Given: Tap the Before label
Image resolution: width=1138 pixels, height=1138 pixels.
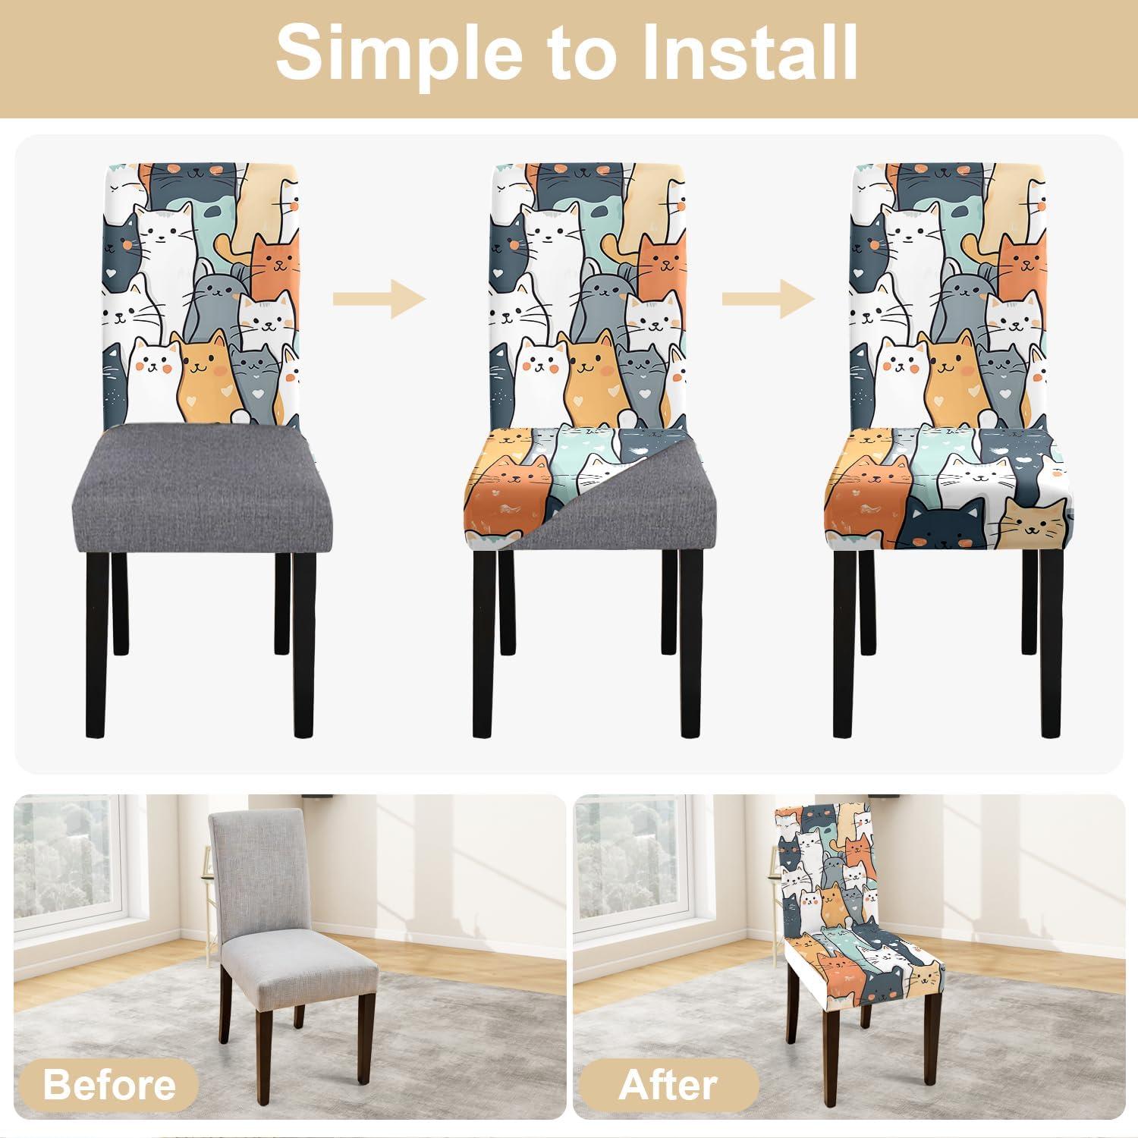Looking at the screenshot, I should point(109,1085).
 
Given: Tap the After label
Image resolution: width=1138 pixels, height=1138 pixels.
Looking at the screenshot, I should point(667,1085).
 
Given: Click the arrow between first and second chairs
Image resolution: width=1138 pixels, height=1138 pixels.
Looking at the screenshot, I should point(379,299).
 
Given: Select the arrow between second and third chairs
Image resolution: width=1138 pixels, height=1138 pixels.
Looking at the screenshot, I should point(767,299).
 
